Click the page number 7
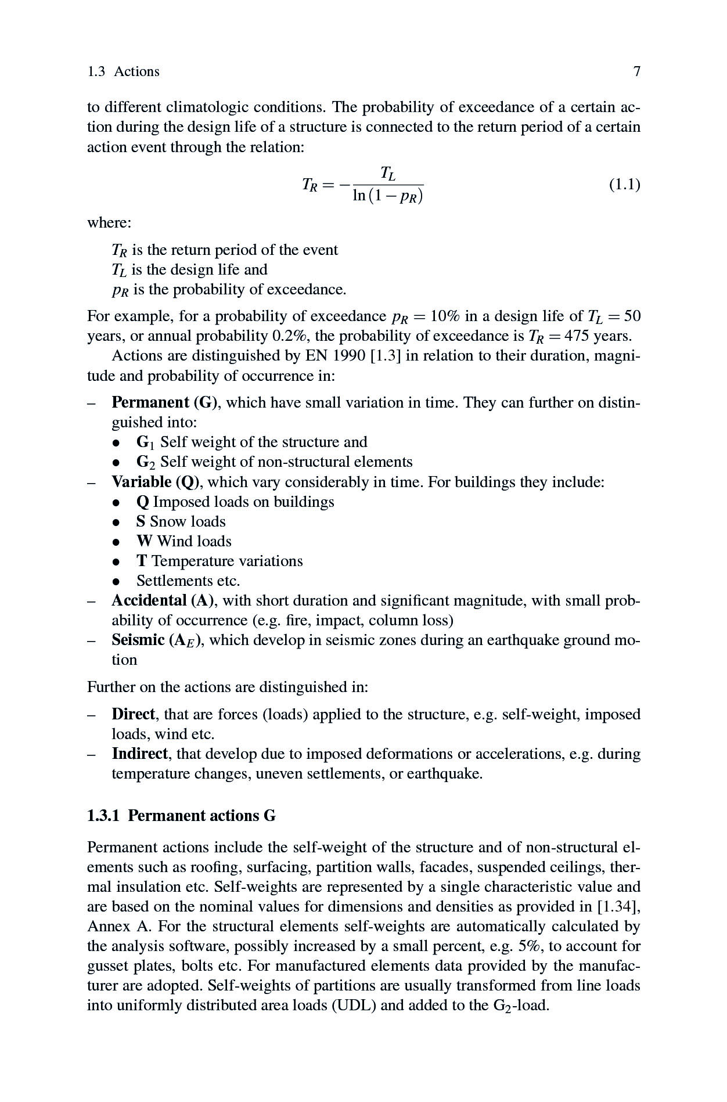coord(636,71)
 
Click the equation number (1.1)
coord(624,185)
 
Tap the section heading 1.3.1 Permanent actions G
coord(181,816)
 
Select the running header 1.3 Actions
coord(123,71)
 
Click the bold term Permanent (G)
coord(164,402)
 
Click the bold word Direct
coord(133,714)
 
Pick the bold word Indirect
coord(139,754)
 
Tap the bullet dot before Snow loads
coord(117,522)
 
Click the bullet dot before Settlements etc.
coord(117,581)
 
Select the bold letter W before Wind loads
coord(144,541)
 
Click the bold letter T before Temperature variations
coord(141,561)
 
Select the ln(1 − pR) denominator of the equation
coord(387,196)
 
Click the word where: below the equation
coord(109,222)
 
